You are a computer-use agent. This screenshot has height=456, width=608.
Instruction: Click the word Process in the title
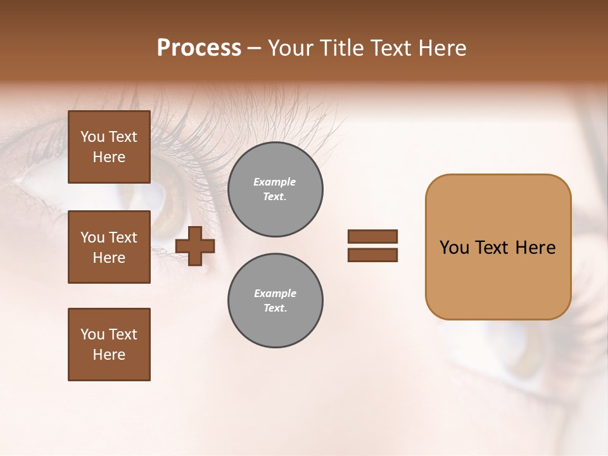point(199,48)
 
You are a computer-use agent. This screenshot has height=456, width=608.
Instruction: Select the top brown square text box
point(109,147)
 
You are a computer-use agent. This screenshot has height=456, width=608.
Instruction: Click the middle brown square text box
point(109,247)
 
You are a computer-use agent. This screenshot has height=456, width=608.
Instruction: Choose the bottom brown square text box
point(109,345)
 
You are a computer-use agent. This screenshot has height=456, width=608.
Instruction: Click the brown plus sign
point(195,246)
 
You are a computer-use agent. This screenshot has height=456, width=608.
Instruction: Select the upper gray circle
point(275,189)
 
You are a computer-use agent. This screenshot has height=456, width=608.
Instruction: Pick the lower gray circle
point(275,301)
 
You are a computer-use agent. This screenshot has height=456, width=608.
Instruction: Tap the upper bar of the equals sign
point(372,236)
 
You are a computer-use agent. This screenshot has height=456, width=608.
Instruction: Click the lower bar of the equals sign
point(372,255)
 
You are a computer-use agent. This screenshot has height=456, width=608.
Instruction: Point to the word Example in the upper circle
point(274,182)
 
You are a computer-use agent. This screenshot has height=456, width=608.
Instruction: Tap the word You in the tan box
point(454,248)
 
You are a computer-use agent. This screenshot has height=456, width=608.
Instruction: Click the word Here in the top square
point(109,157)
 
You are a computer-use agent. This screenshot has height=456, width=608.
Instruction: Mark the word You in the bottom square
point(92,334)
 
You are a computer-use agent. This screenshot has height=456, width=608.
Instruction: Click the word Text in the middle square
point(123,237)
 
